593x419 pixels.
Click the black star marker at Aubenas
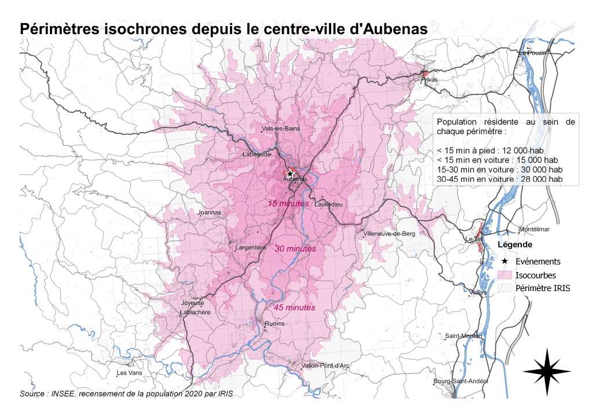(290, 173)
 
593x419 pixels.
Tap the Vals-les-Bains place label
(281, 128)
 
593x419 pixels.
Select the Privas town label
(430, 80)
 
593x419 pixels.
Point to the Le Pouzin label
(532, 53)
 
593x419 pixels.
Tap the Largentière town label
(251, 248)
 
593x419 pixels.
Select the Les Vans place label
(129, 373)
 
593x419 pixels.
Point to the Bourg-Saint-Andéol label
(461, 381)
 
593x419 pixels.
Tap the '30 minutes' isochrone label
(295, 248)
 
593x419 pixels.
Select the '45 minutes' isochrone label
(295, 307)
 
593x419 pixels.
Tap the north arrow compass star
(547, 372)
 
